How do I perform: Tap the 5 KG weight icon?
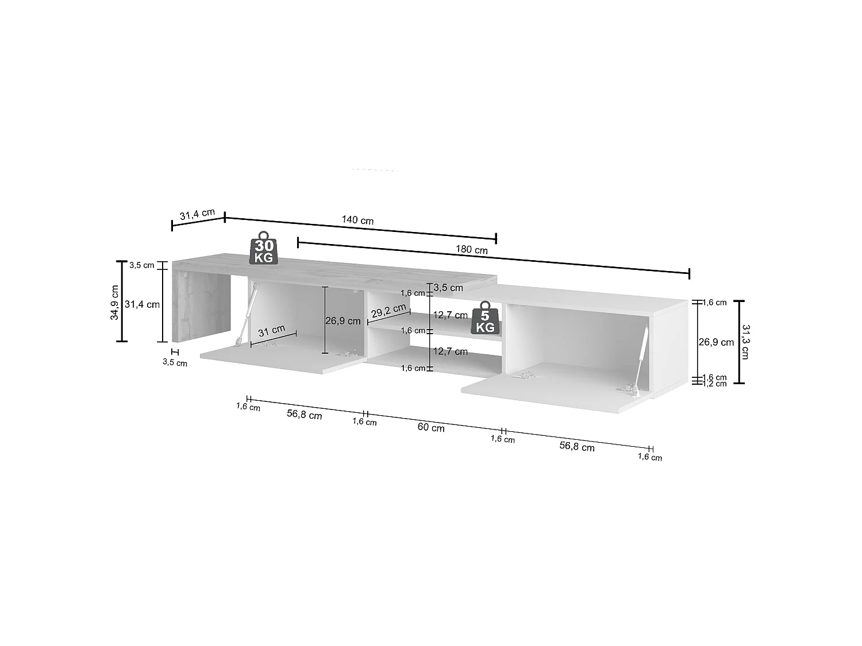(x=486, y=318)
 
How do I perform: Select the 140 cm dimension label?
(x=357, y=220)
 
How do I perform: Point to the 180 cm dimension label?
(x=471, y=249)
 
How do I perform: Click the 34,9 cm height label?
(x=114, y=303)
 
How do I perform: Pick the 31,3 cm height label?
(x=745, y=342)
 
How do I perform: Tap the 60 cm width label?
(x=431, y=427)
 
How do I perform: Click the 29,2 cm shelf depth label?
(x=388, y=311)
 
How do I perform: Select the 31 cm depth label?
(x=272, y=331)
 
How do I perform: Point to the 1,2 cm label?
(x=714, y=384)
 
